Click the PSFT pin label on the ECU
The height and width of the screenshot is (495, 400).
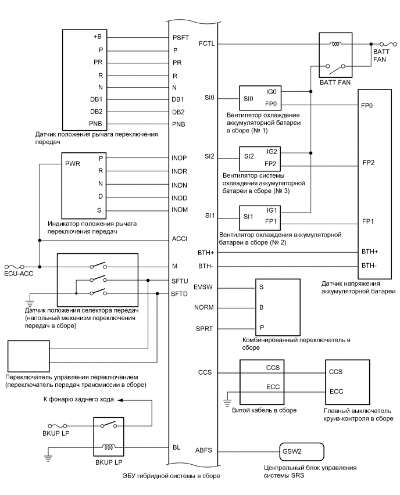click(x=180, y=38)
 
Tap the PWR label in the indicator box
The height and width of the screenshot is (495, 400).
click(x=73, y=164)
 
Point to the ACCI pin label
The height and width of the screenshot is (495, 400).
click(x=179, y=239)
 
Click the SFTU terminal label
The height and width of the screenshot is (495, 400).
click(x=179, y=281)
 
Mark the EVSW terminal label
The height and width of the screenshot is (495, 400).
click(x=206, y=287)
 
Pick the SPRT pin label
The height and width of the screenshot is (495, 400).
click(x=206, y=328)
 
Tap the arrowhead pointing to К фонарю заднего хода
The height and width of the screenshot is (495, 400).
click(x=119, y=400)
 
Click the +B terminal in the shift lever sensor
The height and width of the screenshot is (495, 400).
click(x=97, y=38)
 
